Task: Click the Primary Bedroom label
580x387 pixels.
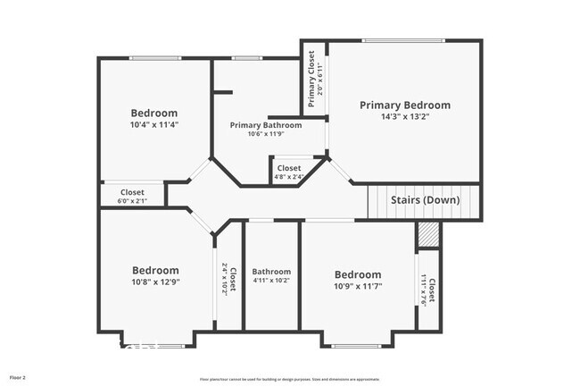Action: point(405,105)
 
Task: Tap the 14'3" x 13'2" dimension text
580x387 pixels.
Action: point(405,116)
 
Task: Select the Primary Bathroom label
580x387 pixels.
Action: point(266,125)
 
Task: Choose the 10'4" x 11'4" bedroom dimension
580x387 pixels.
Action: point(155,125)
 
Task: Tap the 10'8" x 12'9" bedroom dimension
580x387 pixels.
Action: point(155,282)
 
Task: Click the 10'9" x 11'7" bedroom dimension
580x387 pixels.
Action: point(358,286)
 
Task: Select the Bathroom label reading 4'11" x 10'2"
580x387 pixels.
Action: point(271,281)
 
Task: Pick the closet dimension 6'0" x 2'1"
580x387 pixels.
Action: point(132,200)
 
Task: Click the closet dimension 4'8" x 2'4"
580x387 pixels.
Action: point(289,177)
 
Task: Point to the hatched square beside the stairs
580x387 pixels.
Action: point(429,234)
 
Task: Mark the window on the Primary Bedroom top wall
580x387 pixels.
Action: point(403,40)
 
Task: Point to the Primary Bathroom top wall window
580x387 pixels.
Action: point(246,59)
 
